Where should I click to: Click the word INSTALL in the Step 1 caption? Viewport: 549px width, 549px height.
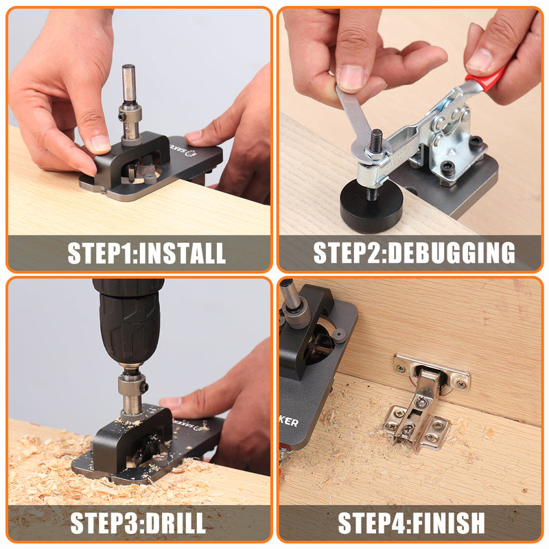coord(182,253)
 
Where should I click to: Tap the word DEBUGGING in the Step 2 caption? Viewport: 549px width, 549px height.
coord(452,253)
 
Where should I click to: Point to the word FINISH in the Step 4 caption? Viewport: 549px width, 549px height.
coord(449,523)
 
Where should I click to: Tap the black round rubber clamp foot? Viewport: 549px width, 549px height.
coord(371,206)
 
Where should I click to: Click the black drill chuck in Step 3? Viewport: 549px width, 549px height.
coord(128,322)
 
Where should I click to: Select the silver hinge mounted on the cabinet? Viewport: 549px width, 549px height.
coord(425,403)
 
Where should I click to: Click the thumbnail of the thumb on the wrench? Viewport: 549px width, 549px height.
coord(351,78)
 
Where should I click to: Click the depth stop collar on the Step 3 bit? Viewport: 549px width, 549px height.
coord(132,385)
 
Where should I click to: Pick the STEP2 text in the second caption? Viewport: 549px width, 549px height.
coord(349,253)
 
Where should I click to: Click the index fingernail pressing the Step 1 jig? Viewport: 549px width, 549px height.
coord(100,144)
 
